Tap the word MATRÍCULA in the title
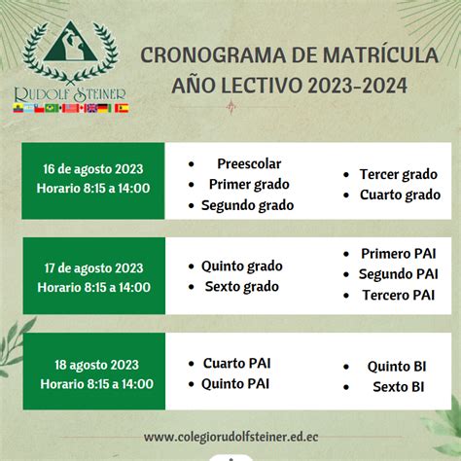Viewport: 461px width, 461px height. click(380, 55)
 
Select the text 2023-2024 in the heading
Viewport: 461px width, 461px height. click(357, 86)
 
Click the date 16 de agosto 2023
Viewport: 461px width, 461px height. click(93, 169)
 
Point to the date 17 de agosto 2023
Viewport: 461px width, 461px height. click(93, 268)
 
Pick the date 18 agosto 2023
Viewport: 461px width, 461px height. click(96, 365)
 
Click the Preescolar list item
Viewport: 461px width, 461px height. click(249, 163)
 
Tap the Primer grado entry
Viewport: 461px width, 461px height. click(249, 185)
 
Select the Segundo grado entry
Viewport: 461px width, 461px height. click(247, 205)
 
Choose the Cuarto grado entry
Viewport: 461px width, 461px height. click(400, 195)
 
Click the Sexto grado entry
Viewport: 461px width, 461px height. click(242, 287)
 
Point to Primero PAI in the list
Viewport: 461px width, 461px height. click(399, 254)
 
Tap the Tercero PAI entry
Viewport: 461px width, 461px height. click(399, 295)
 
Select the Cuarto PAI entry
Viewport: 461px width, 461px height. click(236, 363)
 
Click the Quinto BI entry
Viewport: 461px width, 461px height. click(397, 367)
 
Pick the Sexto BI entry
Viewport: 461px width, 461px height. click(399, 387)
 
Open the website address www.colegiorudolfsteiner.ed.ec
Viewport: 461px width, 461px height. click(231, 437)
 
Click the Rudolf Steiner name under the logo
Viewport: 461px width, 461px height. click(70, 94)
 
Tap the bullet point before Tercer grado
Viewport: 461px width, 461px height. click(346, 175)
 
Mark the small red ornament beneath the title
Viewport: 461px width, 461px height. click(230, 107)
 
